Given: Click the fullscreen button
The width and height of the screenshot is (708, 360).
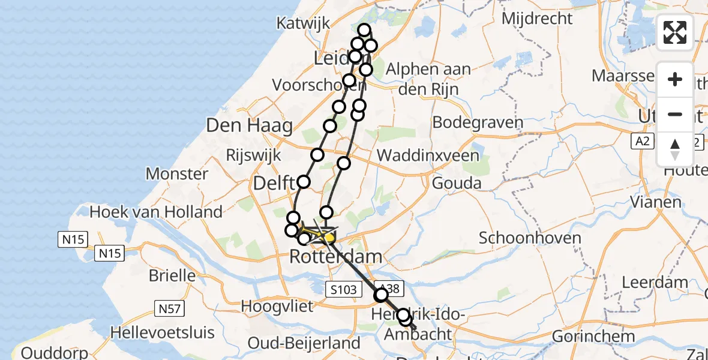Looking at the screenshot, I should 675,32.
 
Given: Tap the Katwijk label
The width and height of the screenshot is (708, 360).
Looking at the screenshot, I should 304,23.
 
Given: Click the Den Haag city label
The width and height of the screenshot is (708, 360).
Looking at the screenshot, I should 250,126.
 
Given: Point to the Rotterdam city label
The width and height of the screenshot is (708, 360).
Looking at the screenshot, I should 335,257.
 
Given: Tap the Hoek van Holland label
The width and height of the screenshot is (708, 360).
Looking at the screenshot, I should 156,212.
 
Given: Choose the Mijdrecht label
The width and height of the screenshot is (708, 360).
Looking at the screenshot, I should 537,19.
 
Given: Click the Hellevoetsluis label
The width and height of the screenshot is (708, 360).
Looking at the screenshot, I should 155,331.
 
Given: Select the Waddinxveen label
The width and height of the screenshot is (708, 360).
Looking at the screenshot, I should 428,156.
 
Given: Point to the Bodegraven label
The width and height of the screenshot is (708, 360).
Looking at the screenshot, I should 478,123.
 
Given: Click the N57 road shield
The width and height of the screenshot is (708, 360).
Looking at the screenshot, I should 170,309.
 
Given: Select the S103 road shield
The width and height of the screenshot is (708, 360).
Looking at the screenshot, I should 343,290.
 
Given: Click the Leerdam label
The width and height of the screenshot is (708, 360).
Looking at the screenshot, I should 655,282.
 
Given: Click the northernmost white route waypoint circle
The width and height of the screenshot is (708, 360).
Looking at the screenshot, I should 364,30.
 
